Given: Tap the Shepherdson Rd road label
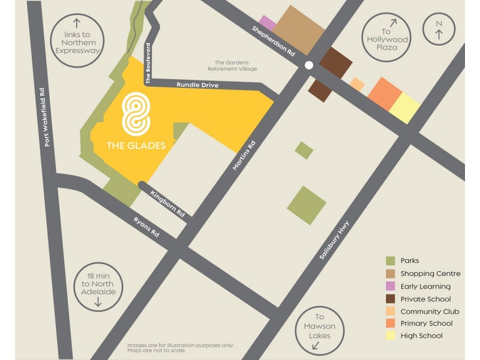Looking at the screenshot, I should click(274, 41).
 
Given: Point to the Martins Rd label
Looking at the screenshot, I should click(245, 157).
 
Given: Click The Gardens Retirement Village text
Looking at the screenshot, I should click(235, 65).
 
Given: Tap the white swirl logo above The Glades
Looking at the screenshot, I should click(135, 115).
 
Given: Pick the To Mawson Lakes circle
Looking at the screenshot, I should click(319, 327).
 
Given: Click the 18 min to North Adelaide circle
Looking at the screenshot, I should click(97, 287).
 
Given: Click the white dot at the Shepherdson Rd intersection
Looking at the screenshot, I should click(308, 65).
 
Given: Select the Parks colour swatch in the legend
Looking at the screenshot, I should click(391, 260).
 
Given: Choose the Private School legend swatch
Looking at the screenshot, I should click(391, 299).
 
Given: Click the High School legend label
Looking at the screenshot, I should click(421, 336).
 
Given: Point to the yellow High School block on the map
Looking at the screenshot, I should click(404, 108).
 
